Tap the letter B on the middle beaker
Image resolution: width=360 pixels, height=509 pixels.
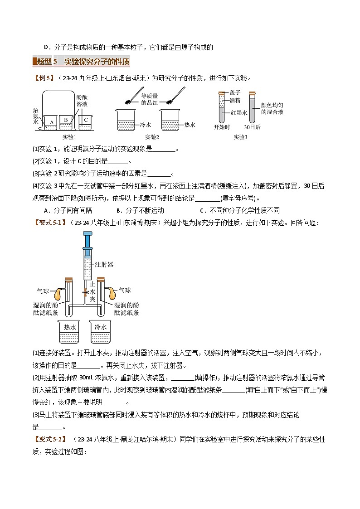coord(66,120)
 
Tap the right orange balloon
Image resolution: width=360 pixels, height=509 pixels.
coord(112,293)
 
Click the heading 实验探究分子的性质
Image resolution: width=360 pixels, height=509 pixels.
coord(97,62)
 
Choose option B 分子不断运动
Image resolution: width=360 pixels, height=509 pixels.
coord(140,210)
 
